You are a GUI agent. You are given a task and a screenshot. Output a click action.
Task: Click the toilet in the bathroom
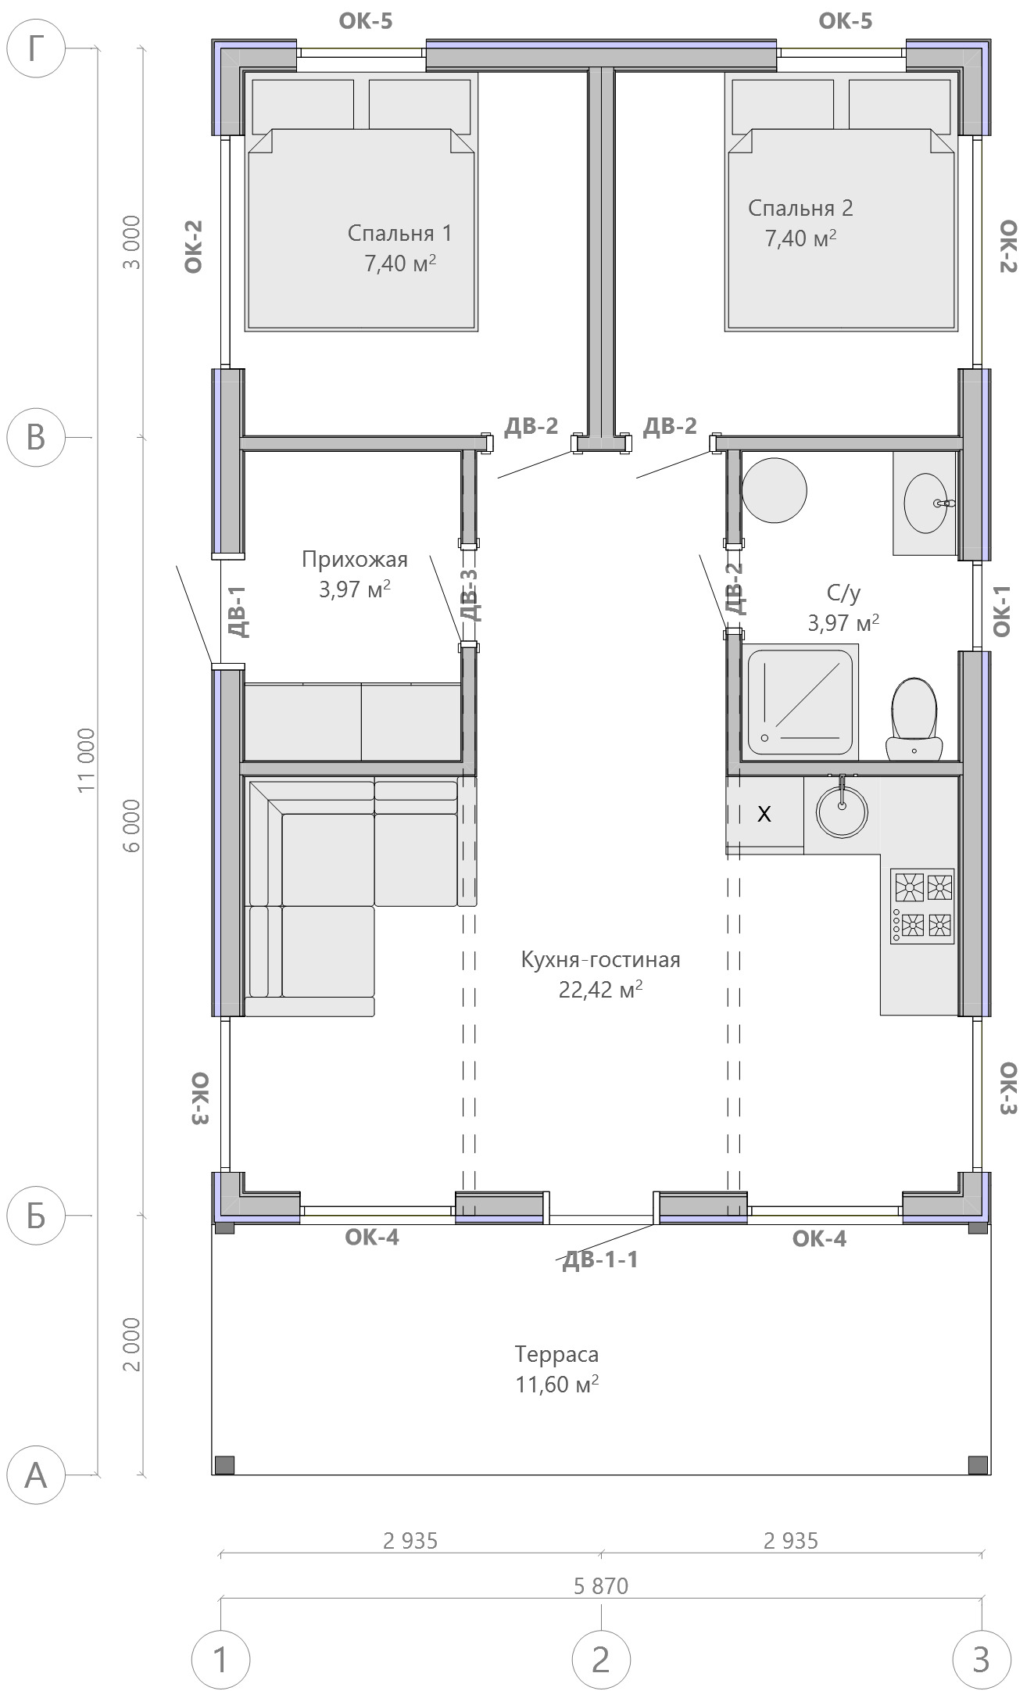913,718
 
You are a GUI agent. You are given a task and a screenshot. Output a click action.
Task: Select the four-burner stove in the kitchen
922,906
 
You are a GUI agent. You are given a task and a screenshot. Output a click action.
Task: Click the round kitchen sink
842,811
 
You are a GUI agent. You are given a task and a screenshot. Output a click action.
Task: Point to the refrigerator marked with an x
764,814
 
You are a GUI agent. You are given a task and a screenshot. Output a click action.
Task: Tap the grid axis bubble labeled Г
36,48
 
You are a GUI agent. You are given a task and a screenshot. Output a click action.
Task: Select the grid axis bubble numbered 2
601,1659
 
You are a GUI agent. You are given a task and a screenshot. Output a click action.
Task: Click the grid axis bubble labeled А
36,1475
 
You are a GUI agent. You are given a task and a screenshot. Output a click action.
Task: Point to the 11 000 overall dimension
87,760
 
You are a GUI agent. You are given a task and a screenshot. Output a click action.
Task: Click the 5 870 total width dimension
601,1585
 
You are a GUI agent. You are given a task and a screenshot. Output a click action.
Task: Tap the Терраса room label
556,1354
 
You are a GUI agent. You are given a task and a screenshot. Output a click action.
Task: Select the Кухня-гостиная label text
600,959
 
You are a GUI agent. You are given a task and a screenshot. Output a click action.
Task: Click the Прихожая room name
355,560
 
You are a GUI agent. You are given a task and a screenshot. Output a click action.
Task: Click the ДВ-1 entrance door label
238,611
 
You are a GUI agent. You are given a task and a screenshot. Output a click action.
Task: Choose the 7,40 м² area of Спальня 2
800,238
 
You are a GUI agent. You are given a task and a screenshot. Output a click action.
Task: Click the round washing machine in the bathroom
774,491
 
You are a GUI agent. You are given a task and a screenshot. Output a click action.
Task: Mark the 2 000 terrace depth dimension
132,1345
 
